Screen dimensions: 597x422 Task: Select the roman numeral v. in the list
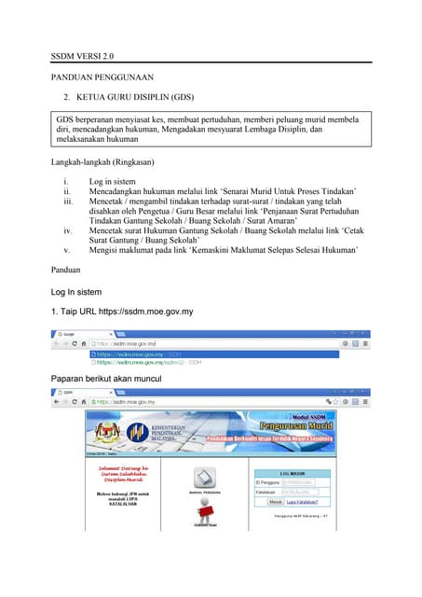(x=66, y=249)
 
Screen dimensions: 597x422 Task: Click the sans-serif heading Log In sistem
(x=82, y=292)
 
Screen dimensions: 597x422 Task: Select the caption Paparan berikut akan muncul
(x=107, y=379)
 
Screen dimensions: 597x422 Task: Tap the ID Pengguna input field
(x=299, y=482)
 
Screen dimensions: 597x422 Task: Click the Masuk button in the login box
(x=275, y=502)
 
